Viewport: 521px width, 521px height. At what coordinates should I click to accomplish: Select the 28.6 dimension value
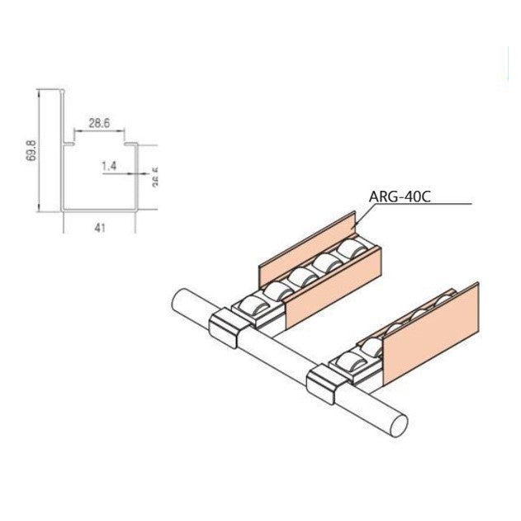[x=99, y=123]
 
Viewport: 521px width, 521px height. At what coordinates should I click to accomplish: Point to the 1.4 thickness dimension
[x=108, y=166]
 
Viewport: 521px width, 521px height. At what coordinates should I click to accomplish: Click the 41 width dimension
[x=99, y=228]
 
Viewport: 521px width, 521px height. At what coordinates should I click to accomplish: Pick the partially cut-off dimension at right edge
[x=154, y=176]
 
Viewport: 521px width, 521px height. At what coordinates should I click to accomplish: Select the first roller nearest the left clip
[x=249, y=309]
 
